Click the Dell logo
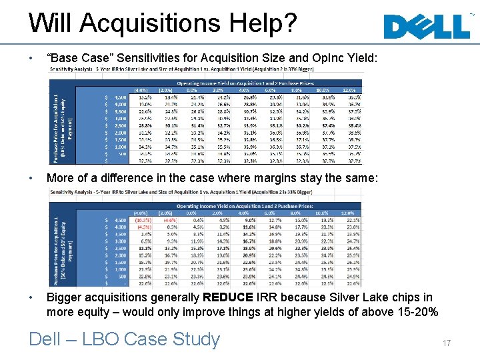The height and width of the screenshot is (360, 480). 427,26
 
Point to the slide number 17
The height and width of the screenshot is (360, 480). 446,343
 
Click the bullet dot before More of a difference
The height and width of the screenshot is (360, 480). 31,179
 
